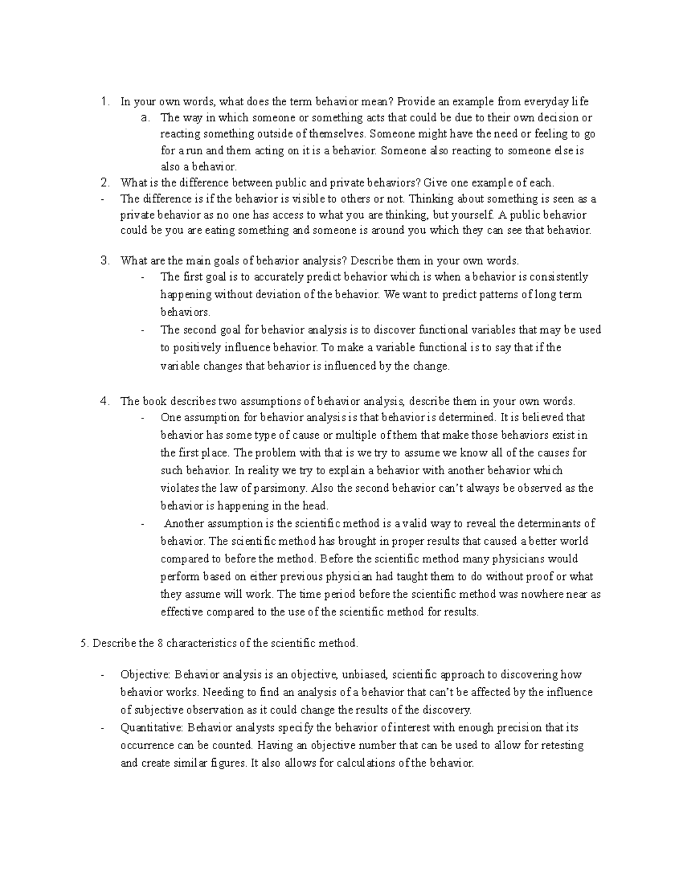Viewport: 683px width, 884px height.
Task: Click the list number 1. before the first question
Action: click(104, 102)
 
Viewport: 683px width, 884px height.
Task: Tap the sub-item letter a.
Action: click(145, 118)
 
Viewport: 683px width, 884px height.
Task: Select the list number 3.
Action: click(104, 261)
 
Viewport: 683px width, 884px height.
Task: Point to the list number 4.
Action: click(104, 401)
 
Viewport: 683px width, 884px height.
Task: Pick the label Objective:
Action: click(145, 675)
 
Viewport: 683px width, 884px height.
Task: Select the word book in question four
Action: click(154, 401)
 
